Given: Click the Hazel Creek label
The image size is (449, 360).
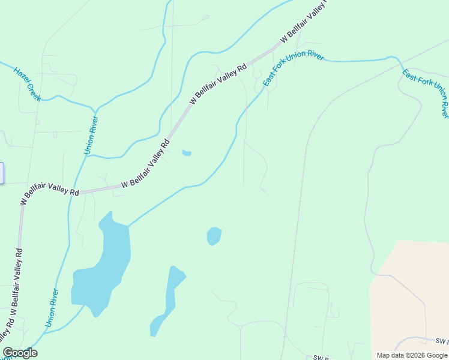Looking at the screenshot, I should pos(27,83).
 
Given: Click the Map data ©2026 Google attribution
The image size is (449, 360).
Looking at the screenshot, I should pos(412,355).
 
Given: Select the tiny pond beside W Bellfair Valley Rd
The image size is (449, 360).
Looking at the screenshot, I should pos(187,153).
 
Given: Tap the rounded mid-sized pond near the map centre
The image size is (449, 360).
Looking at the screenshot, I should pos(214,236).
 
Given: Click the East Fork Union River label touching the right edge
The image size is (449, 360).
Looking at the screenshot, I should pos(425,93).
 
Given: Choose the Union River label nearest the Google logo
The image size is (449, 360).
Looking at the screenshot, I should pos(52,308).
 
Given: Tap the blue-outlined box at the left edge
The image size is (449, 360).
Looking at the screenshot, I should pos(2,173).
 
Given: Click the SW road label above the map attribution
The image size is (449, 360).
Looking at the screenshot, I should pos(442,341).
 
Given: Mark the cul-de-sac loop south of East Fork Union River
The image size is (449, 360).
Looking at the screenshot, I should pos(263,190).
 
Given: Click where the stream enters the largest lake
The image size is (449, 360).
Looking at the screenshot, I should pos(128,226).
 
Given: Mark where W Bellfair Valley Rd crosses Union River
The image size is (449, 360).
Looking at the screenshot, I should pos(76,193).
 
